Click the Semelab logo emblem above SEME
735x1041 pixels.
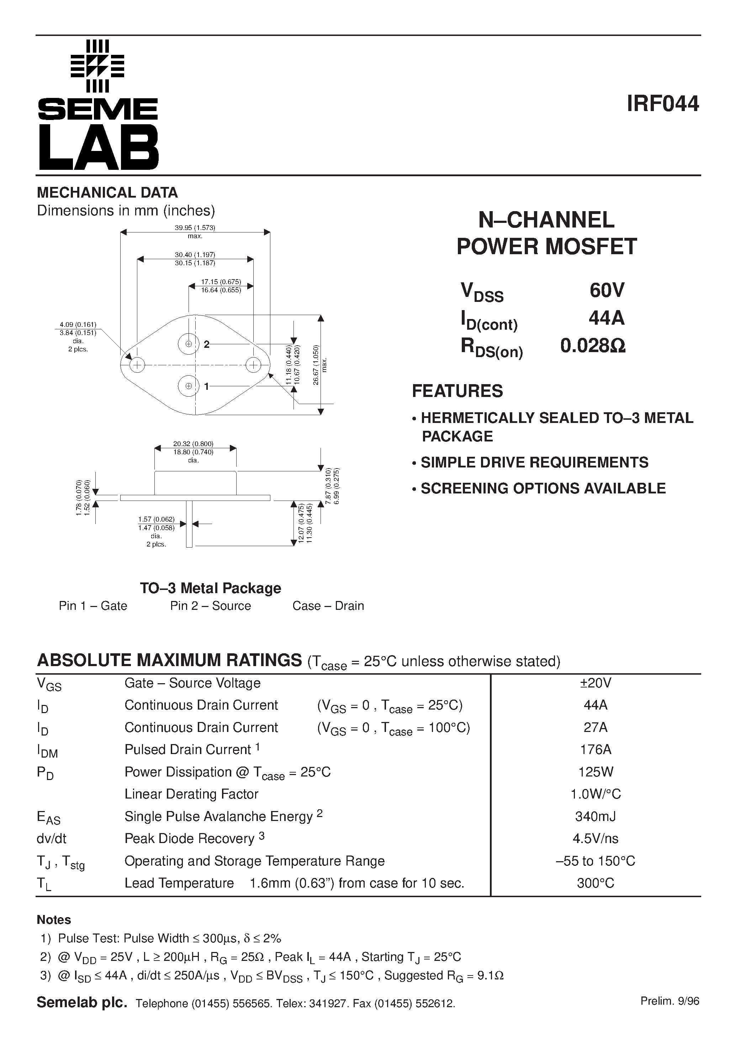97,66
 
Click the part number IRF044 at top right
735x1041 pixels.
662,104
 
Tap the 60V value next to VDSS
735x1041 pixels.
607,290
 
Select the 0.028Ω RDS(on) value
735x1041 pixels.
593,346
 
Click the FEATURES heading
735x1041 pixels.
457,391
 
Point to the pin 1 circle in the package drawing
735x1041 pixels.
188,386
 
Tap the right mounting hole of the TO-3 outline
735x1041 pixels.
253,365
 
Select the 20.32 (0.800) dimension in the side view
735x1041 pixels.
193,444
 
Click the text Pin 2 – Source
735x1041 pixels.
210,606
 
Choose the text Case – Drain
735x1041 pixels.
328,606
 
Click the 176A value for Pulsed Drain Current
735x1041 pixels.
596,749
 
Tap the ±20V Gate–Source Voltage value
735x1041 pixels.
596,683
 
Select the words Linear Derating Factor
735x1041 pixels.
191,794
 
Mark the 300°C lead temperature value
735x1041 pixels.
596,883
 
